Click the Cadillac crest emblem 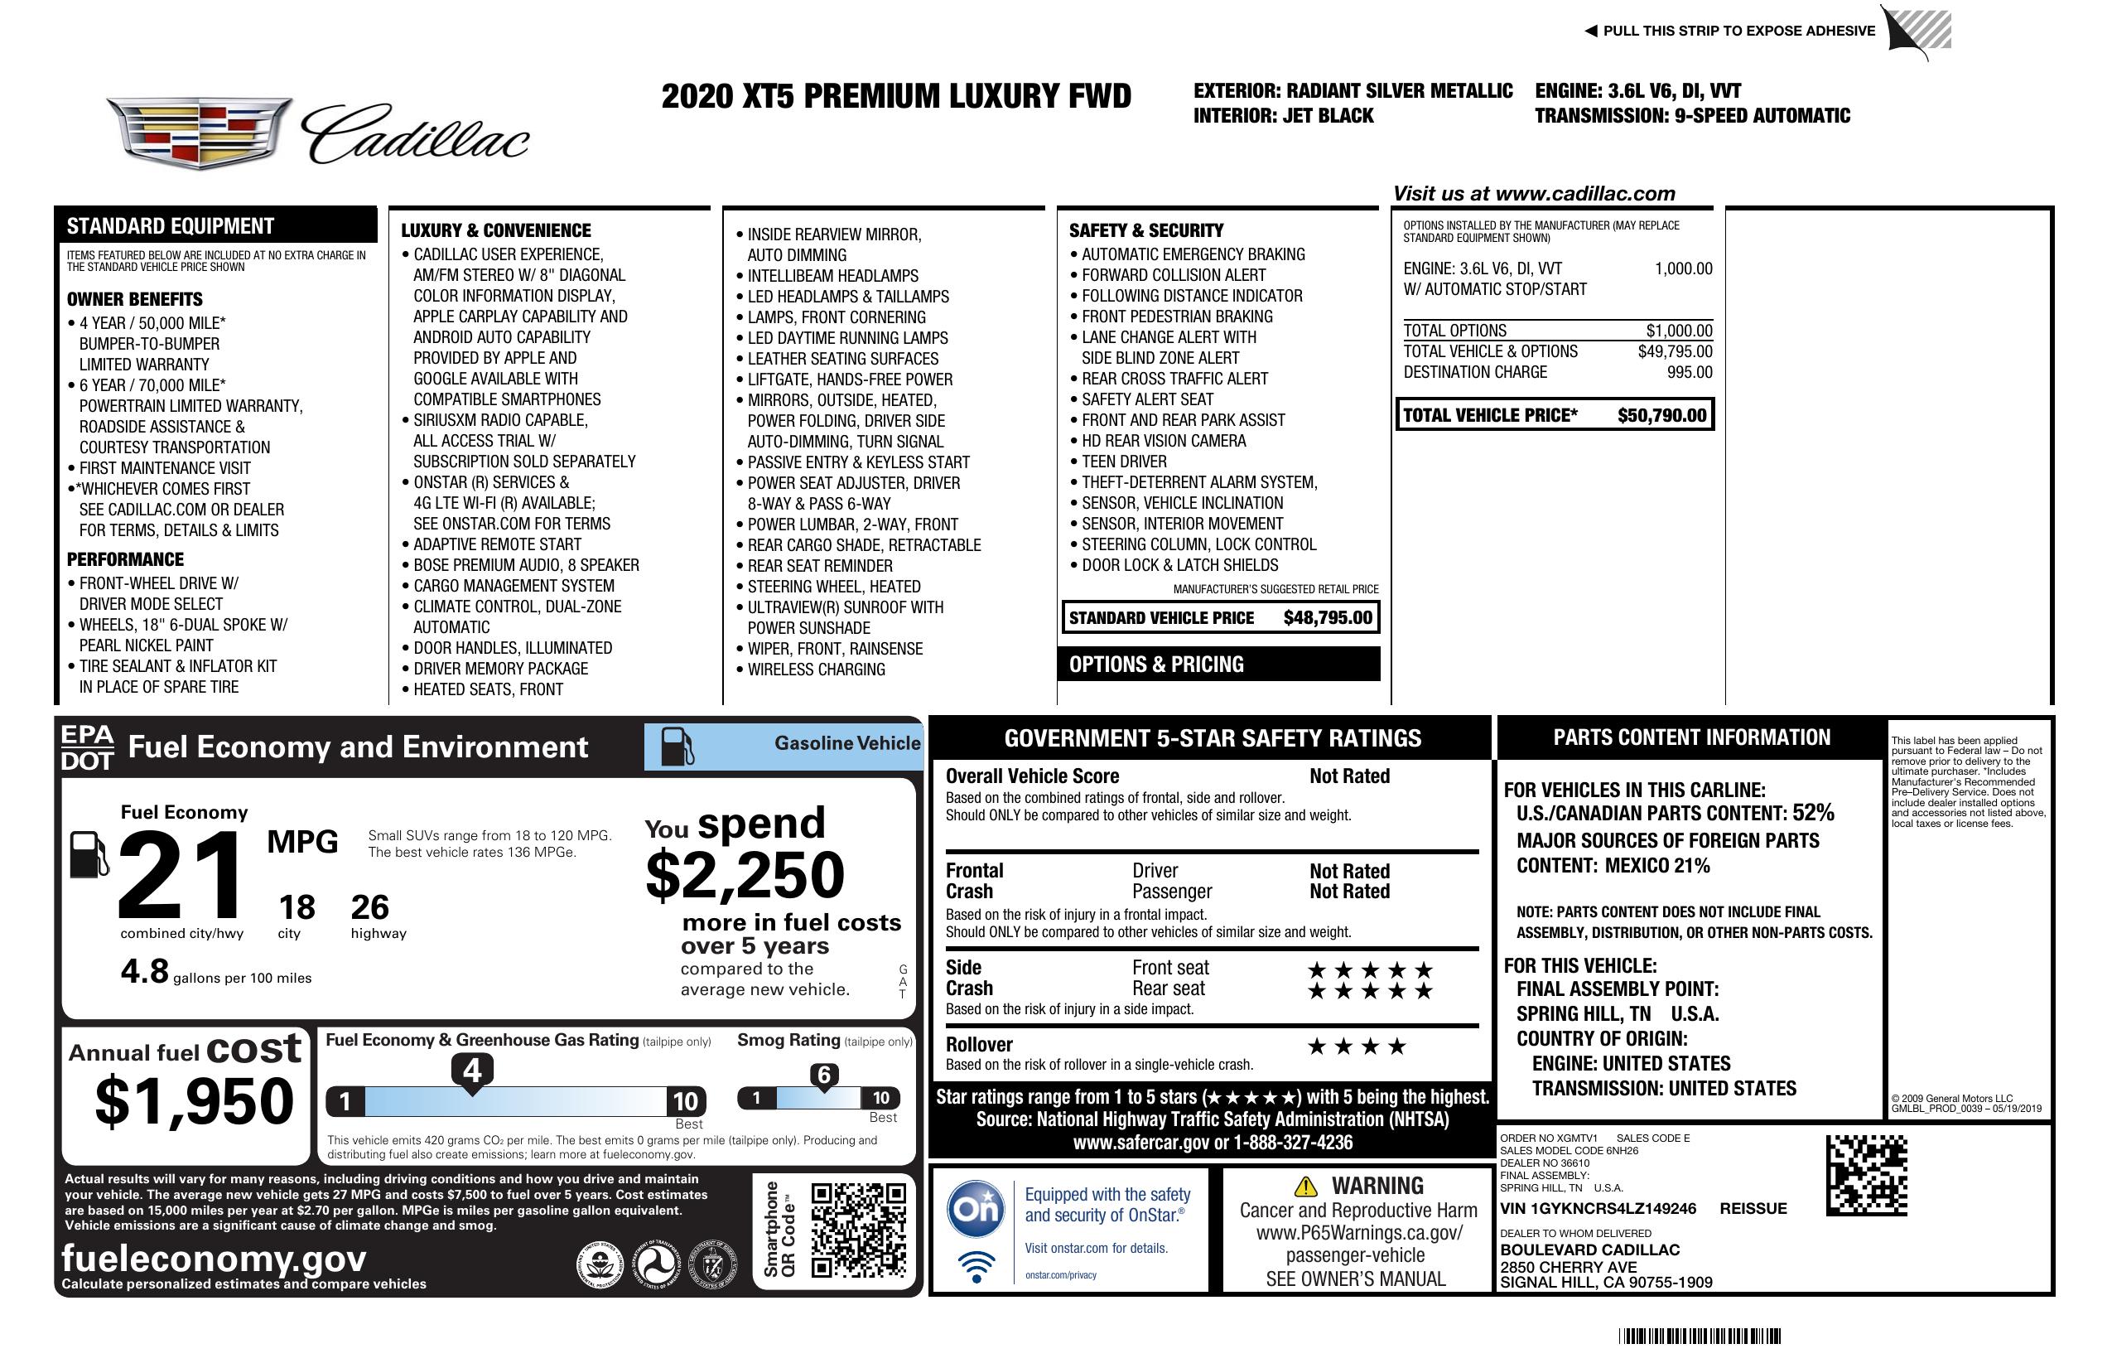(x=199, y=133)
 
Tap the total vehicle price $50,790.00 (x=1661, y=415)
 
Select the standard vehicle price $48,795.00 (x=1328, y=618)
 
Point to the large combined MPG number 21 (x=181, y=875)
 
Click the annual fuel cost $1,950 (x=195, y=1101)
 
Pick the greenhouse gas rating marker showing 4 (x=472, y=1071)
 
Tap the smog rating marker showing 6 (x=823, y=1075)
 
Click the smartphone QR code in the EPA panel (x=858, y=1229)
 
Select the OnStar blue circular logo (x=976, y=1208)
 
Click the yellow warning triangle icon (x=1305, y=1186)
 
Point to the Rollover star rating (x=1357, y=1047)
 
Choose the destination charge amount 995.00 (x=1690, y=373)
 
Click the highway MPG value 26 (x=370, y=907)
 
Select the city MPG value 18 (x=297, y=907)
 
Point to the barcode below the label (x=1699, y=1336)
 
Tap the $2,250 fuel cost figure (x=745, y=875)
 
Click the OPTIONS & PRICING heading (x=1155, y=664)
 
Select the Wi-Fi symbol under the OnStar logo (x=976, y=1265)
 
